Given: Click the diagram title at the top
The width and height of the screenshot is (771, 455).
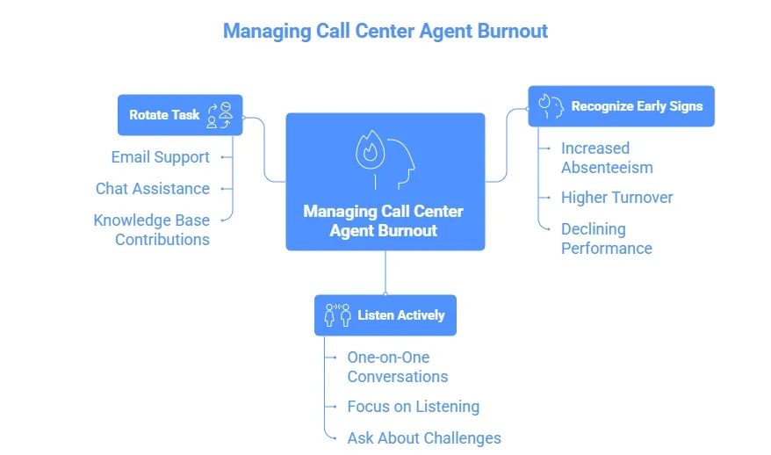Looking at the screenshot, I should coord(385,31).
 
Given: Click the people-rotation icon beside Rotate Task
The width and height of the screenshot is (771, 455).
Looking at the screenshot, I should coord(220,115).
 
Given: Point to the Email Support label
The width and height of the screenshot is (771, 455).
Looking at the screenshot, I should coord(160,157).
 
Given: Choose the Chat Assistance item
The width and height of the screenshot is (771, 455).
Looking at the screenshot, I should coord(152,189).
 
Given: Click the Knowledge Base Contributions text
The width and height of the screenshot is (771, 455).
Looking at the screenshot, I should coord(151,229).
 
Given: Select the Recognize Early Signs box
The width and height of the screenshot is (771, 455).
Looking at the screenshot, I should coord(620,106).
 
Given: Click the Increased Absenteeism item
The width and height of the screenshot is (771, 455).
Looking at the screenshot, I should coord(607,157).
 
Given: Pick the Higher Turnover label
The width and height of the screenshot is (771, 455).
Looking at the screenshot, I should coord(616,198).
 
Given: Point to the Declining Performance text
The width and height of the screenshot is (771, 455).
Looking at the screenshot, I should coord(606,238).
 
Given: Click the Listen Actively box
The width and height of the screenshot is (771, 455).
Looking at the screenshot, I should coord(385,314).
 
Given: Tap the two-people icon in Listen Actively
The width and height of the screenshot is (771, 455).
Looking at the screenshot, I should coord(337,314).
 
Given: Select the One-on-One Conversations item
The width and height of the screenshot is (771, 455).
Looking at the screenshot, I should coord(397,366).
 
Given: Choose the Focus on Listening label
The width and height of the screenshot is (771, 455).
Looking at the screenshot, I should coord(413,407).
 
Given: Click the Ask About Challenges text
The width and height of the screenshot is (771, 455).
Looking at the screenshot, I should coord(423,437).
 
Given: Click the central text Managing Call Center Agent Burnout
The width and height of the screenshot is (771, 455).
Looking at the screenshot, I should coord(383,220).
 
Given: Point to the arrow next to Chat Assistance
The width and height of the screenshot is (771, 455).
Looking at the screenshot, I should coord(225,189).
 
